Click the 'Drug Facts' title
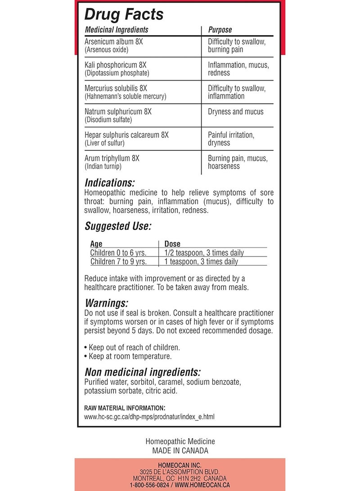pos(124,14)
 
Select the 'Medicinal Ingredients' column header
pos(117,30)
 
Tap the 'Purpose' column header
pos(220,30)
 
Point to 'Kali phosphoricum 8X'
pos(116,65)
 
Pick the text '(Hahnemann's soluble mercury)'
pos(126,96)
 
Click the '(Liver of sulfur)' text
pos(105,143)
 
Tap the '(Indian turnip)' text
pos(103,167)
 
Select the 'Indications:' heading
pos(109,183)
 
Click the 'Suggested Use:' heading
pos(118,225)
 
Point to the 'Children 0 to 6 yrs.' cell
pos(118,253)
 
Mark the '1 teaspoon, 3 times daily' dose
pos(201,261)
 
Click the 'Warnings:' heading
pos(106,303)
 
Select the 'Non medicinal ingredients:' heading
pos(142,372)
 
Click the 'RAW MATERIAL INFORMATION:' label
pos(125,408)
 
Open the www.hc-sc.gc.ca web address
pos(149,417)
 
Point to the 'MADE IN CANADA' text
pos(180,450)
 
